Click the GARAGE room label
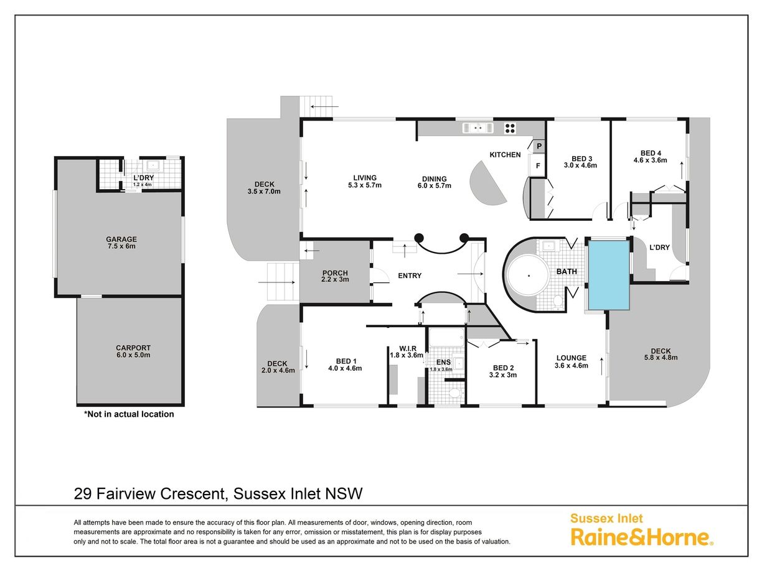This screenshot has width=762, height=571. click(121, 239)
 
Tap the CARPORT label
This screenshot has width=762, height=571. click(133, 348)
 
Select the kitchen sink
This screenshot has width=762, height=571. click(477, 128)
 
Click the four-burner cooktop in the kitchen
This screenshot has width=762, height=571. click(510, 128)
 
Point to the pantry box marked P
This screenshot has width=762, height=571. click(539, 146)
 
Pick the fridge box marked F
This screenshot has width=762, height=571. click(538, 165)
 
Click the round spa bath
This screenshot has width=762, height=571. click(529, 276)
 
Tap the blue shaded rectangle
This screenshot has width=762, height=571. click(609, 275)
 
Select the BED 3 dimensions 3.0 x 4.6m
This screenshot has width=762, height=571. click(580, 165)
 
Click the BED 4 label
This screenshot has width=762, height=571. click(651, 153)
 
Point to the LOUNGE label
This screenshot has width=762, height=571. click(571, 358)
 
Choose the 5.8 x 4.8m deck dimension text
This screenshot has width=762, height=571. click(661, 358)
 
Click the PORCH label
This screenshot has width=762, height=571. click(335, 273)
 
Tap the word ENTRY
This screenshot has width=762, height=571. click(410, 276)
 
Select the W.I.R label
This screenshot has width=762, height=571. click(408, 348)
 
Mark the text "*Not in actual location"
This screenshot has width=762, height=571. click(129, 414)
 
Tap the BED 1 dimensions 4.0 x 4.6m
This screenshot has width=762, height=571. click(345, 368)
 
